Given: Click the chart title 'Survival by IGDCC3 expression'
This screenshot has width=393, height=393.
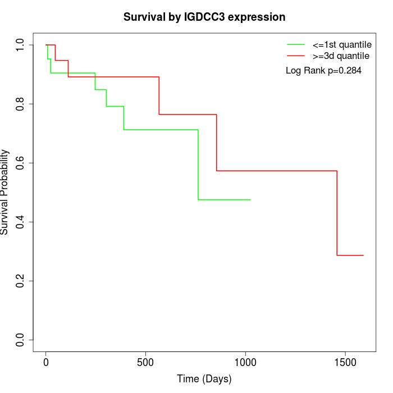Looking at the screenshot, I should coord(204,17).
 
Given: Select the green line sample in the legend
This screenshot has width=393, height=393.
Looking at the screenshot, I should coord(295,44).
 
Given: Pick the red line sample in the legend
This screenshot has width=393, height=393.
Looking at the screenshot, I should coord(295,56).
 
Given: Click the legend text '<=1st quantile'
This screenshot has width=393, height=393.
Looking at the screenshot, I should coord(341,44).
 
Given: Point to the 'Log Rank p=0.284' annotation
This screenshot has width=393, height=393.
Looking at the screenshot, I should coord(323,71).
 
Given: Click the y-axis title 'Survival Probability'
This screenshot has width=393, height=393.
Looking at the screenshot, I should coord(5,191).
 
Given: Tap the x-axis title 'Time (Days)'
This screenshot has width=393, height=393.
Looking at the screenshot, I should coord(204,379).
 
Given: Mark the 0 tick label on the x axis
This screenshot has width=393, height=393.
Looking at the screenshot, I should coord(46,362).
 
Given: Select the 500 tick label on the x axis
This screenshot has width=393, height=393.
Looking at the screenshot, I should coord(145,362).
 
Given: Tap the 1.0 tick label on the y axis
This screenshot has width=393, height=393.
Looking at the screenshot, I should coord(21,45).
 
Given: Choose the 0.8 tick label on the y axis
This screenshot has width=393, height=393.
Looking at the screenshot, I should coord(21,104).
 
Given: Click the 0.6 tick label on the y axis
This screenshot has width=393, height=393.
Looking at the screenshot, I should coord(21,163).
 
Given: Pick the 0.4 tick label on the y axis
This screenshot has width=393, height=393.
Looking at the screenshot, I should coord(21,222).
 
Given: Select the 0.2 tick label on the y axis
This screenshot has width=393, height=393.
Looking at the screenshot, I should coord(21,281).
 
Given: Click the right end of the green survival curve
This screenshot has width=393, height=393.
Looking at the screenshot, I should coord(250,200).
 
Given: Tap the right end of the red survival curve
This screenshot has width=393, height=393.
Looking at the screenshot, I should coord(363,255).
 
